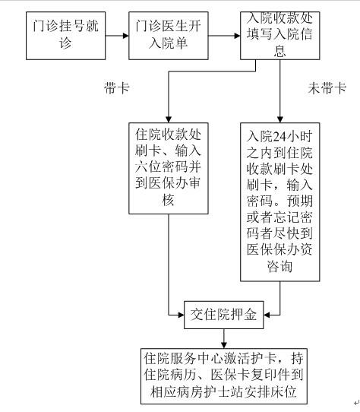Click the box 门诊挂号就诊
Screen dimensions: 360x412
(x=65, y=36)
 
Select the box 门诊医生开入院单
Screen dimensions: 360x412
(x=169, y=36)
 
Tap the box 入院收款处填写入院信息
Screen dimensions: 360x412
(x=280, y=36)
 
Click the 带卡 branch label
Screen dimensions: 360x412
(x=117, y=87)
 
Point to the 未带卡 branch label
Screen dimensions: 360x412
(x=327, y=87)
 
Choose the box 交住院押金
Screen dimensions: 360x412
(x=224, y=315)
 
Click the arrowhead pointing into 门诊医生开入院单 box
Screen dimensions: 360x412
(x=125, y=36)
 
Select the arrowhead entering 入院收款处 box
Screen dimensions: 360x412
(x=237, y=36)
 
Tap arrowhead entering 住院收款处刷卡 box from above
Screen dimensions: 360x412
(x=169, y=119)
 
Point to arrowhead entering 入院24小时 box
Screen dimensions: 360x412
(x=280, y=119)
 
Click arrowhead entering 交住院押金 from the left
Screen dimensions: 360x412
(x=181, y=315)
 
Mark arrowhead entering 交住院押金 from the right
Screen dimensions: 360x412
(x=267, y=315)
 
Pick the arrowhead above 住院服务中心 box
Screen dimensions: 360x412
(x=224, y=345)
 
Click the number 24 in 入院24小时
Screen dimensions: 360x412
(x=279, y=136)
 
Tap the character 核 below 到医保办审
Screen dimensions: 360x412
(x=169, y=200)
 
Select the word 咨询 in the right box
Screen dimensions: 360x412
(x=279, y=266)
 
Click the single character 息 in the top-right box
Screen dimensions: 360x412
(x=279, y=51)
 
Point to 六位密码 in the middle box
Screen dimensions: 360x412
(x=162, y=167)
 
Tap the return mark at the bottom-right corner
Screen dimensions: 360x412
(x=356, y=402)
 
